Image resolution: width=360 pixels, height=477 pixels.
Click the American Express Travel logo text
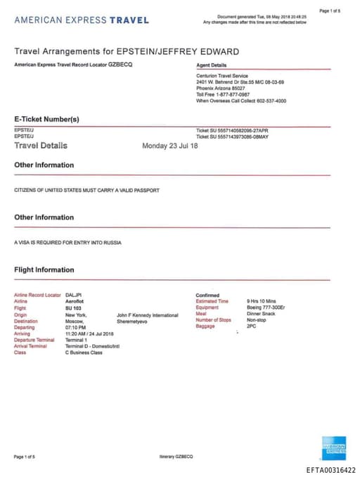point(82,20)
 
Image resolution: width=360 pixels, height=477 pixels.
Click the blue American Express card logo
point(334,447)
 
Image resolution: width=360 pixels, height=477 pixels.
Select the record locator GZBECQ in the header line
point(120,65)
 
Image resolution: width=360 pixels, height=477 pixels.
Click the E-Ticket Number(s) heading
point(47,119)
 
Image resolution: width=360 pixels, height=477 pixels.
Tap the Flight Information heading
point(44,269)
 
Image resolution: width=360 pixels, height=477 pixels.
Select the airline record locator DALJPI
point(74,295)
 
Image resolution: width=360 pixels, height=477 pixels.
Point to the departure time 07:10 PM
point(76,327)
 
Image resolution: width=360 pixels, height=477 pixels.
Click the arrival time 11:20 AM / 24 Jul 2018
point(89,333)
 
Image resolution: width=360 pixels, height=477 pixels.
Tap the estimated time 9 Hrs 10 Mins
point(262,301)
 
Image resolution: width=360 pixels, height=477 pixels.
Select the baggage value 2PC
point(252,327)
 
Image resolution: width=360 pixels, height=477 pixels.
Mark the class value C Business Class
point(84,352)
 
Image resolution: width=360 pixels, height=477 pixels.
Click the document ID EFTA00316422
point(330,470)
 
